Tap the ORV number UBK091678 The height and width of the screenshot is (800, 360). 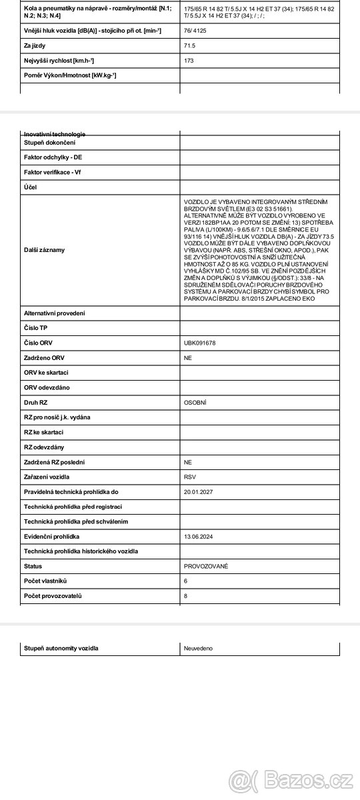click(x=199, y=343)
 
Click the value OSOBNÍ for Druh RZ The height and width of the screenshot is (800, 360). click(x=195, y=403)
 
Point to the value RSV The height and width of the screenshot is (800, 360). click(x=190, y=477)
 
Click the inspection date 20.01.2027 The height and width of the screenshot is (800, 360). click(x=198, y=492)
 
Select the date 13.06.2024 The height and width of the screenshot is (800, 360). click(x=198, y=537)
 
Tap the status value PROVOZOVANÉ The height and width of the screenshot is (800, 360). click(x=205, y=566)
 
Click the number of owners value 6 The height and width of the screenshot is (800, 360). click(x=185, y=581)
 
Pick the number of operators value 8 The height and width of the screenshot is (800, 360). click(x=185, y=596)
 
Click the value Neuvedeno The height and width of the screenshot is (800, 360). click(x=198, y=648)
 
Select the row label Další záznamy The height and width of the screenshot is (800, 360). click(x=44, y=250)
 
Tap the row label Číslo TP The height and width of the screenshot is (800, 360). click(x=36, y=328)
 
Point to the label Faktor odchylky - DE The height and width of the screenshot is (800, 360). click(x=53, y=157)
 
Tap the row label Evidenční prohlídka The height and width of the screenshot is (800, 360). click(x=51, y=537)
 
